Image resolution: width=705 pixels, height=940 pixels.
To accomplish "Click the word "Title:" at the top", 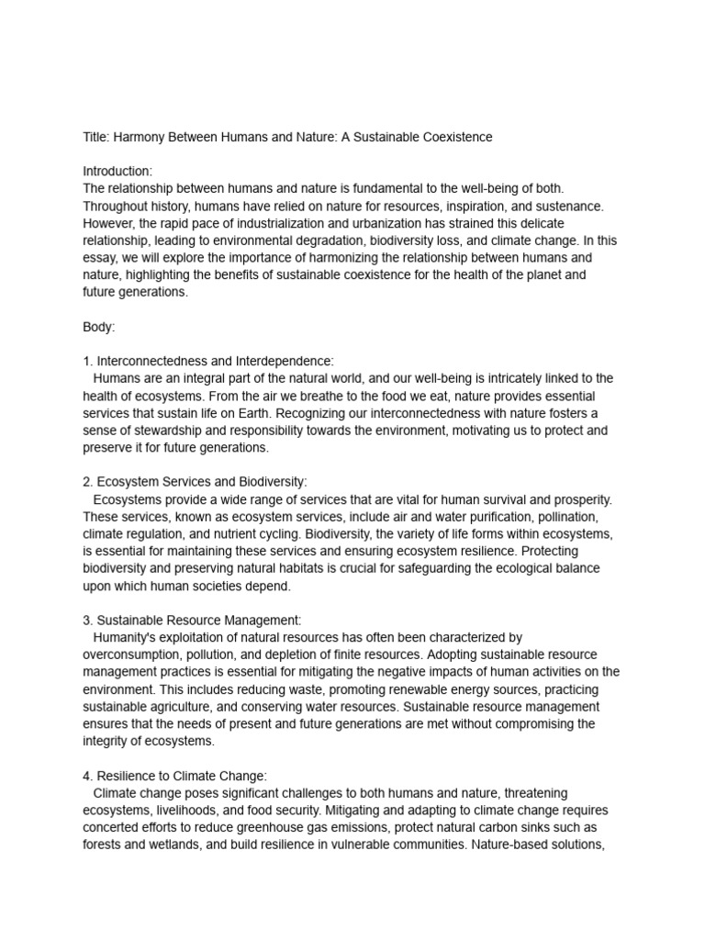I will tap(97, 137).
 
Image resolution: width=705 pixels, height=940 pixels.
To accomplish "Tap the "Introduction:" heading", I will tap(117, 172).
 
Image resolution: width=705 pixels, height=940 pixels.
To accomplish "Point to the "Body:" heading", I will tap(99, 328).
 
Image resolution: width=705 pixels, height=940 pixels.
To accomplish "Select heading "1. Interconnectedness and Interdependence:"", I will tap(208, 362).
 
